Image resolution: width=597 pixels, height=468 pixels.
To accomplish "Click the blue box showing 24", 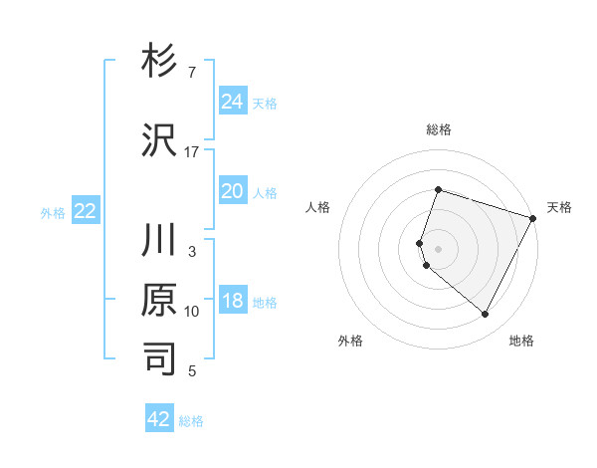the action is point(232,101).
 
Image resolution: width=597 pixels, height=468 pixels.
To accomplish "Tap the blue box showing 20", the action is point(232,191).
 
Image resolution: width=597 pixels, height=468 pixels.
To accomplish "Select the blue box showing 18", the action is point(232,301).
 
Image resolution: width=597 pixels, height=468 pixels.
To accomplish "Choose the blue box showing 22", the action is point(86,210).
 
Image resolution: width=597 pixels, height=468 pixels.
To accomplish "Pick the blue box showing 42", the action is point(159,419).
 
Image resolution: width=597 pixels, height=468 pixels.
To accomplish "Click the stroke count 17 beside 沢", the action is point(192,151).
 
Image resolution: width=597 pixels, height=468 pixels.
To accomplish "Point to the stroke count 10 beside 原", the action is point(192,312).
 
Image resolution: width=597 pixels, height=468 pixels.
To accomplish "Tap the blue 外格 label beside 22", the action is point(53,212).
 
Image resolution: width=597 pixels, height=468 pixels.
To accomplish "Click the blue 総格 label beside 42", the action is point(191,421).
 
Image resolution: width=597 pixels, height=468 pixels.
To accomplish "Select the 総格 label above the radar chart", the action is point(438,129).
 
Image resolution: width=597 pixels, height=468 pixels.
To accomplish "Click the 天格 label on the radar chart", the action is point(559,207).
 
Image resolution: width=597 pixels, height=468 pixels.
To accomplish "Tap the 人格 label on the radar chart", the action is point(317,207).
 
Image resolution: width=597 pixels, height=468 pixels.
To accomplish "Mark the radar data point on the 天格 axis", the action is point(534,217).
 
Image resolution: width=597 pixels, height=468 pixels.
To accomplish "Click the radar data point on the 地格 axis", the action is point(485,315).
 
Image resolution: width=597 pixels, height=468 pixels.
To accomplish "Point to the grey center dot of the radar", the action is point(438,248).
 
